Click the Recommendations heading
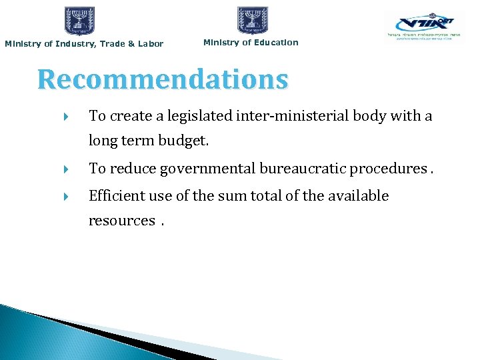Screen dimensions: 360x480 pyautogui.click(x=163, y=80)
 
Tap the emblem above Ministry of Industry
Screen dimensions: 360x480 pyautogui.click(x=79, y=21)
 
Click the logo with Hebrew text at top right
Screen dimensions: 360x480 pyautogui.click(x=424, y=27)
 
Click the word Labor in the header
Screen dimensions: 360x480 pyautogui.click(x=150, y=44)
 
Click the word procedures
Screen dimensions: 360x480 pyautogui.click(x=388, y=169)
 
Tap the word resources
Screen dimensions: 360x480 pyautogui.click(x=121, y=221)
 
